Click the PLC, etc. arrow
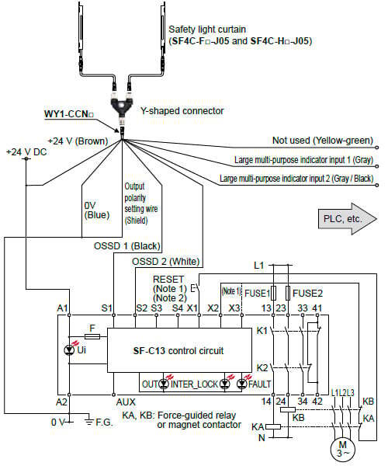click(x=347, y=219)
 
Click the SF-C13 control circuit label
click(x=178, y=351)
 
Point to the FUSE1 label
click(x=257, y=294)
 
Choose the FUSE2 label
click(x=307, y=294)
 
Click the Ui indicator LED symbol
click(x=70, y=350)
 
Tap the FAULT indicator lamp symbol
click(x=242, y=384)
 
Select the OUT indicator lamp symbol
click(x=164, y=384)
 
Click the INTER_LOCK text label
click(x=195, y=384)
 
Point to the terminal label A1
click(x=62, y=308)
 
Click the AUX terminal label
click(x=126, y=402)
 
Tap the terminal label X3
click(x=234, y=308)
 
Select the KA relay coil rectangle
click(x=273, y=426)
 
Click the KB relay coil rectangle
click(x=288, y=409)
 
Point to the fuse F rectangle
click(x=92, y=336)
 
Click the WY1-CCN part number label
click(x=69, y=114)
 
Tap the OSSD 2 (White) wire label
click(x=166, y=262)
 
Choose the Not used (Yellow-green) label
click(x=323, y=141)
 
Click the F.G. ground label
click(x=104, y=423)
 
